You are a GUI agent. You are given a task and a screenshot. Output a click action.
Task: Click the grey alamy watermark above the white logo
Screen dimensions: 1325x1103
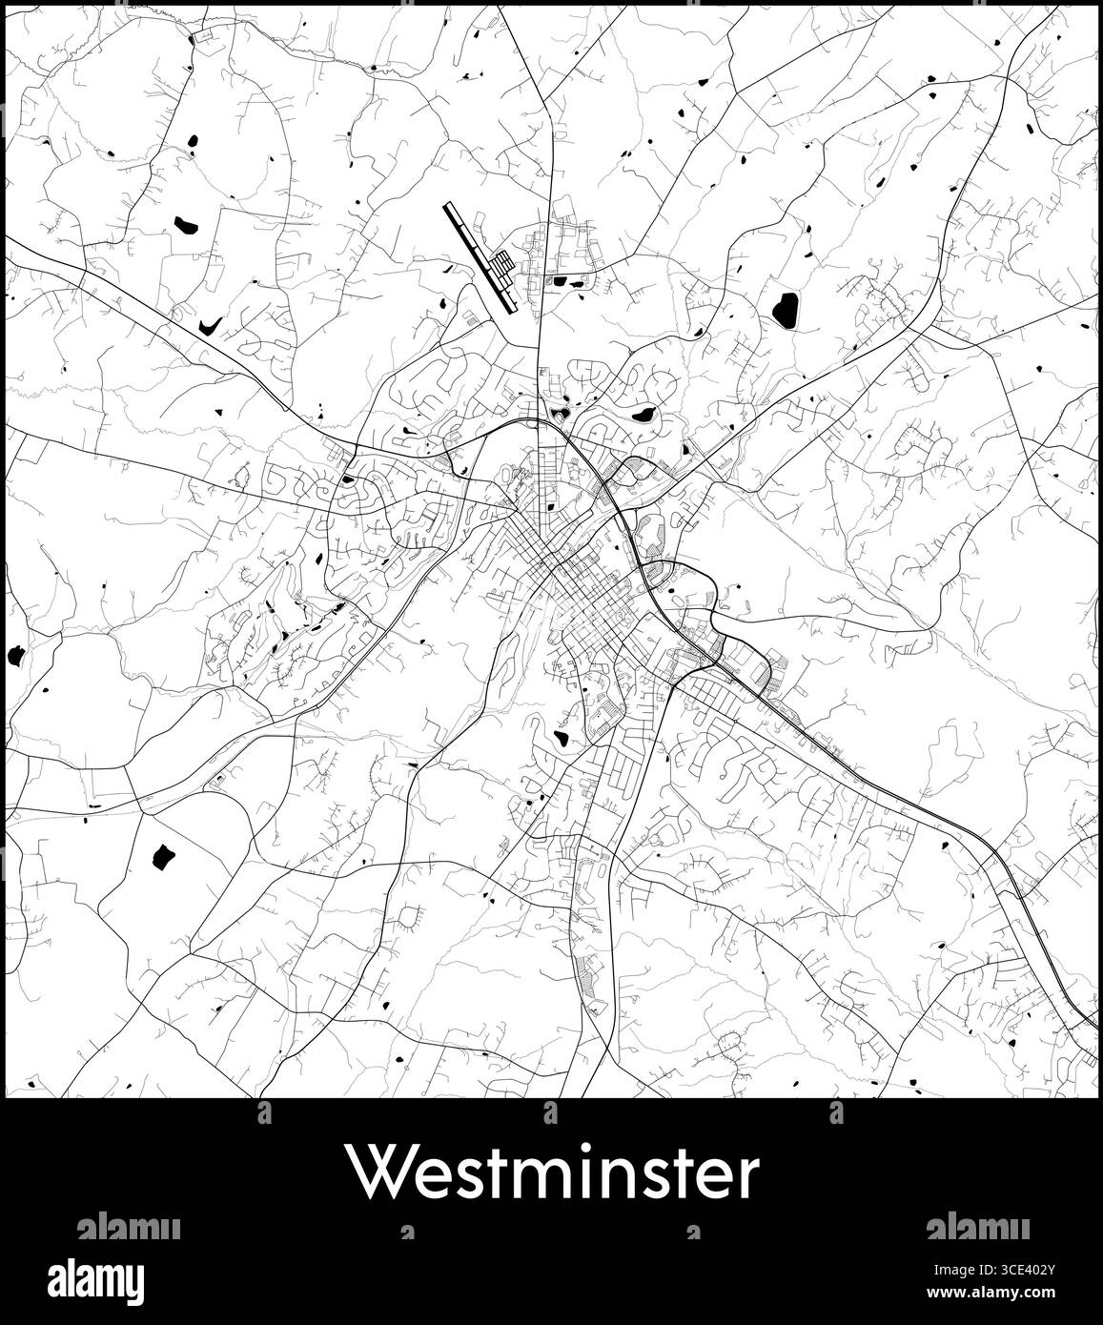click(127, 1226)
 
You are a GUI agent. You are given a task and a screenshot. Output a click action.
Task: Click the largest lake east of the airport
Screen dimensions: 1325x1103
click(785, 308)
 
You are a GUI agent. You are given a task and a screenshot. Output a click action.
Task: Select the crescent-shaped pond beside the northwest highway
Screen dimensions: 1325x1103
click(207, 326)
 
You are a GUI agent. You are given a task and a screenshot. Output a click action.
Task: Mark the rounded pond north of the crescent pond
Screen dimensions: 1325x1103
click(185, 226)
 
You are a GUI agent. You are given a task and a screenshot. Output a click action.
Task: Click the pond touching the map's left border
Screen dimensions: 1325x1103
click(15, 655)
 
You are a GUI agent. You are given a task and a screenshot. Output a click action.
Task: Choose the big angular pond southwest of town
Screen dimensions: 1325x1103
click(164, 856)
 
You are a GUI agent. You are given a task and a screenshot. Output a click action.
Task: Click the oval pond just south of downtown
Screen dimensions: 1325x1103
click(561, 738)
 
